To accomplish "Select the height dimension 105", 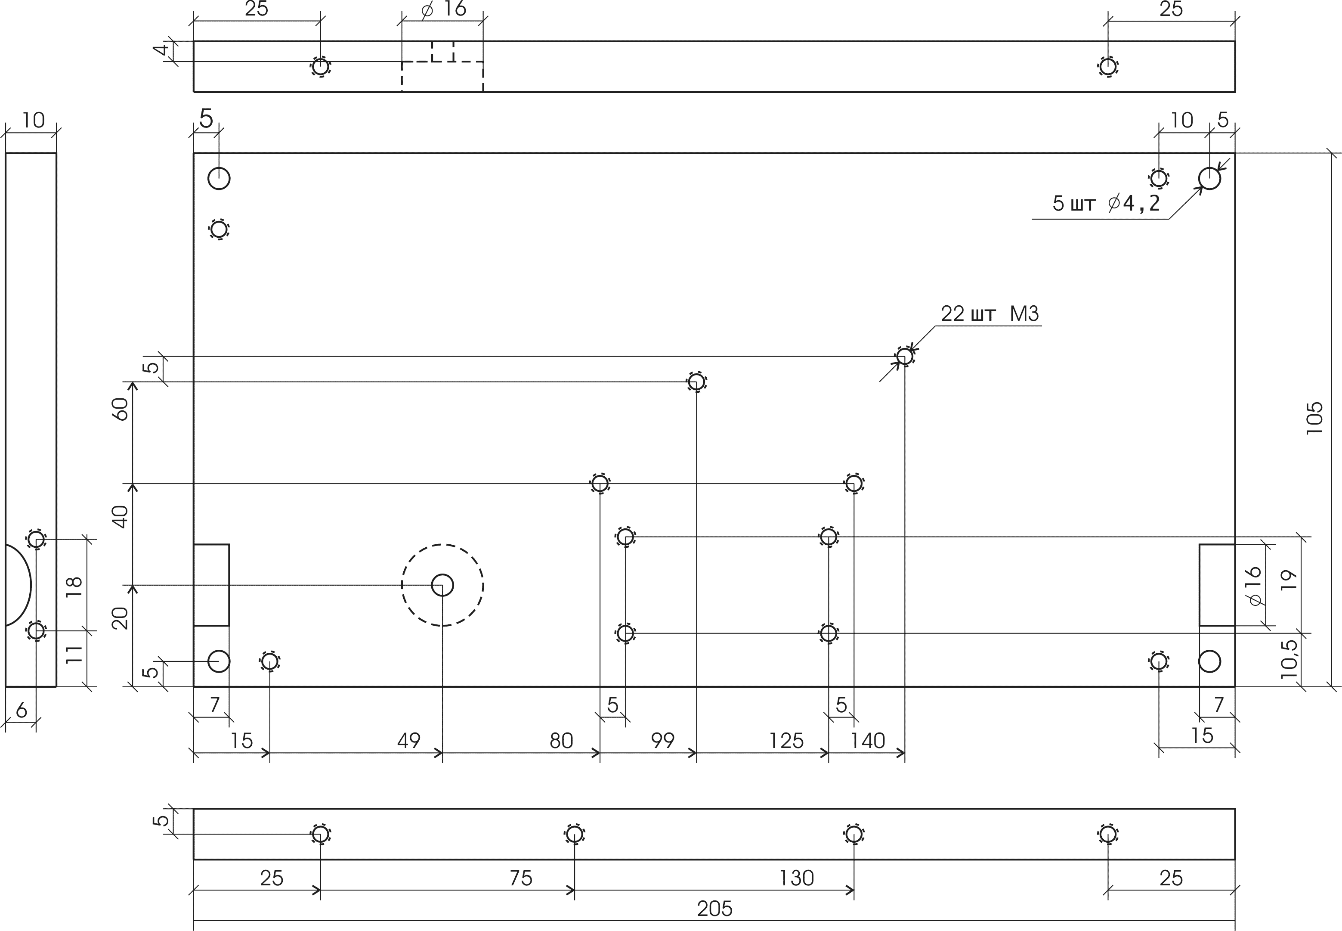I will click(x=1314, y=418).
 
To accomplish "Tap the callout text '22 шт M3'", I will click(x=990, y=314).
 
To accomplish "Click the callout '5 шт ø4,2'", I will click(x=1106, y=203).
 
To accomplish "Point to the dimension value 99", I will click(x=662, y=741).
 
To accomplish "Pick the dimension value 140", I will click(x=867, y=741).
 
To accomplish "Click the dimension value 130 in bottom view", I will click(x=796, y=878).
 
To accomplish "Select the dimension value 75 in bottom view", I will click(x=521, y=878).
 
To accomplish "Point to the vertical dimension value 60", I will click(x=120, y=409).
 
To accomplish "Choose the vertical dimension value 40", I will click(x=120, y=517).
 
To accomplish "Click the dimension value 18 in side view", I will click(x=74, y=587).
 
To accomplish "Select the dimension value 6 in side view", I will click(x=22, y=711).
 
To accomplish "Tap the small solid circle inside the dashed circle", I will click(x=442, y=585).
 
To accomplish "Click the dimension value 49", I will click(x=408, y=741).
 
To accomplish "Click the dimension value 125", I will click(x=786, y=741).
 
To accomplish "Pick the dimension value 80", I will click(x=561, y=741).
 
